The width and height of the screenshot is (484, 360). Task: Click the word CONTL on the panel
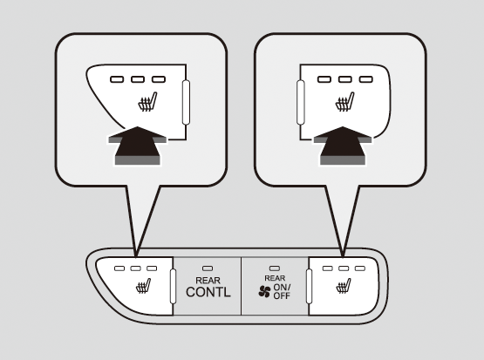(x=208, y=292)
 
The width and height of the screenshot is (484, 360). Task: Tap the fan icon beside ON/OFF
(x=264, y=291)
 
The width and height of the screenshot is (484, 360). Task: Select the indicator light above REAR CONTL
(x=208, y=268)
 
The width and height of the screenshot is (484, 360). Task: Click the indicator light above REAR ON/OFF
(x=275, y=268)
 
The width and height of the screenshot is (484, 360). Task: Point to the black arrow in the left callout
(x=138, y=146)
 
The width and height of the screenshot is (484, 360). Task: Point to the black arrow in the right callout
(x=343, y=146)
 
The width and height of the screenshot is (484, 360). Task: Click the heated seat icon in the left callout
(x=147, y=102)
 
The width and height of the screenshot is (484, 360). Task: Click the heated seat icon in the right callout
(x=344, y=102)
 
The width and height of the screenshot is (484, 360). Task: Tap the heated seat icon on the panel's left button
(x=144, y=286)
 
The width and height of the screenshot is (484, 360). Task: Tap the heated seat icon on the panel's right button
(x=344, y=286)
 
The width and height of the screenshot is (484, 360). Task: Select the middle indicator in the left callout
(x=138, y=79)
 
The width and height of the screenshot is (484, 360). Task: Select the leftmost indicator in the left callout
(x=117, y=79)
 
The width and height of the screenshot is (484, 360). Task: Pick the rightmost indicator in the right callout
(x=365, y=79)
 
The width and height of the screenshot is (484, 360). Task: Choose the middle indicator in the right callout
(x=345, y=79)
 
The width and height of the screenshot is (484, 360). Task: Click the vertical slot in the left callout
(x=186, y=102)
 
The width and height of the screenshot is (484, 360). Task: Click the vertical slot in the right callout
(x=301, y=102)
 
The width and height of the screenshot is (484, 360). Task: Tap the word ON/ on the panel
(x=282, y=287)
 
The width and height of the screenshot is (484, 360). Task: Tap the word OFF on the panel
(x=282, y=295)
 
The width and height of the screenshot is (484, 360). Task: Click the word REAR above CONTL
(x=208, y=281)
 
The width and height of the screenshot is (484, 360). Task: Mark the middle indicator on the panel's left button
(x=135, y=268)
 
